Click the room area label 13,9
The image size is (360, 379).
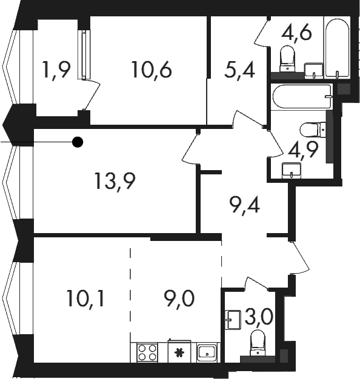click(x=115, y=181)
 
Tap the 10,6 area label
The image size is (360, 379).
click(x=152, y=70)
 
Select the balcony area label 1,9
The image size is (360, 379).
click(x=56, y=70)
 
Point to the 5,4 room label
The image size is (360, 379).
click(x=239, y=70)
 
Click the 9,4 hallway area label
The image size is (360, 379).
click(x=245, y=205)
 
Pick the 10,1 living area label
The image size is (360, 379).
click(x=85, y=298)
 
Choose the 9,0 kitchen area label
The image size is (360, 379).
click(x=179, y=298)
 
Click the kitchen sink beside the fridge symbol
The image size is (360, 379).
click(x=207, y=353)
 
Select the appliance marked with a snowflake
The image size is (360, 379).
click(x=179, y=352)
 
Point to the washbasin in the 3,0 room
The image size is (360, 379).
click(x=233, y=320)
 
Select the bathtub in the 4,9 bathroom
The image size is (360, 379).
click(x=302, y=97)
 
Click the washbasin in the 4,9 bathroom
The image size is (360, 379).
click(x=292, y=170)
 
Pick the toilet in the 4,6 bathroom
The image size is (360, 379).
click(x=287, y=59)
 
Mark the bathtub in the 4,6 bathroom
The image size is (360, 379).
click(x=337, y=47)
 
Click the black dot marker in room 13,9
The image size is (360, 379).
click(x=78, y=142)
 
